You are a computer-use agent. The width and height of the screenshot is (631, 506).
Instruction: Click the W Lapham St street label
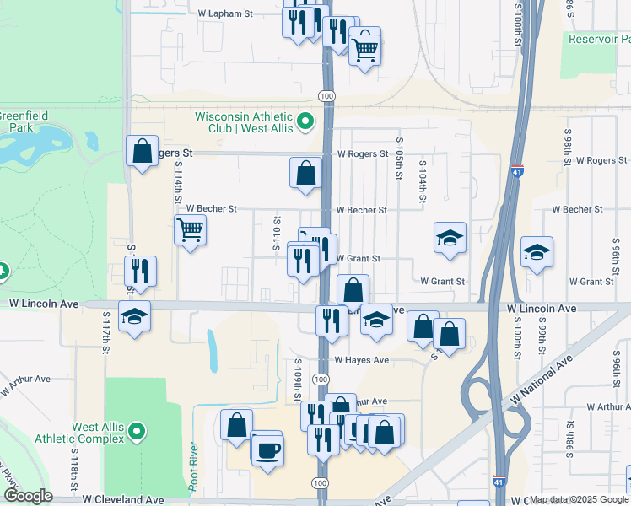click(225, 14)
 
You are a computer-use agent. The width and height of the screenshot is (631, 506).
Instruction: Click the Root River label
click(194, 466)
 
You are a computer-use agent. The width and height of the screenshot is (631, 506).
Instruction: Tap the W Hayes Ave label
click(361, 360)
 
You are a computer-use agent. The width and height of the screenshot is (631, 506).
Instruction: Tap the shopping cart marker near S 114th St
click(191, 229)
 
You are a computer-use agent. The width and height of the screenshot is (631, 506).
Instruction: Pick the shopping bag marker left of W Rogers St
click(142, 151)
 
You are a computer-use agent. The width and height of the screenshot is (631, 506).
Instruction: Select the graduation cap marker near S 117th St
click(134, 316)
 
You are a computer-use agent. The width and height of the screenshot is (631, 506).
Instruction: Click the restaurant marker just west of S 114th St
click(140, 271)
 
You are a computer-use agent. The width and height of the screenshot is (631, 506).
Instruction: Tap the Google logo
click(27, 496)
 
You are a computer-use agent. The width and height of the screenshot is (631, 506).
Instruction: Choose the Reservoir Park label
click(598, 39)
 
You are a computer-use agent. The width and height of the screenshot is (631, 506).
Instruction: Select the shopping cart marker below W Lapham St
click(364, 50)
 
